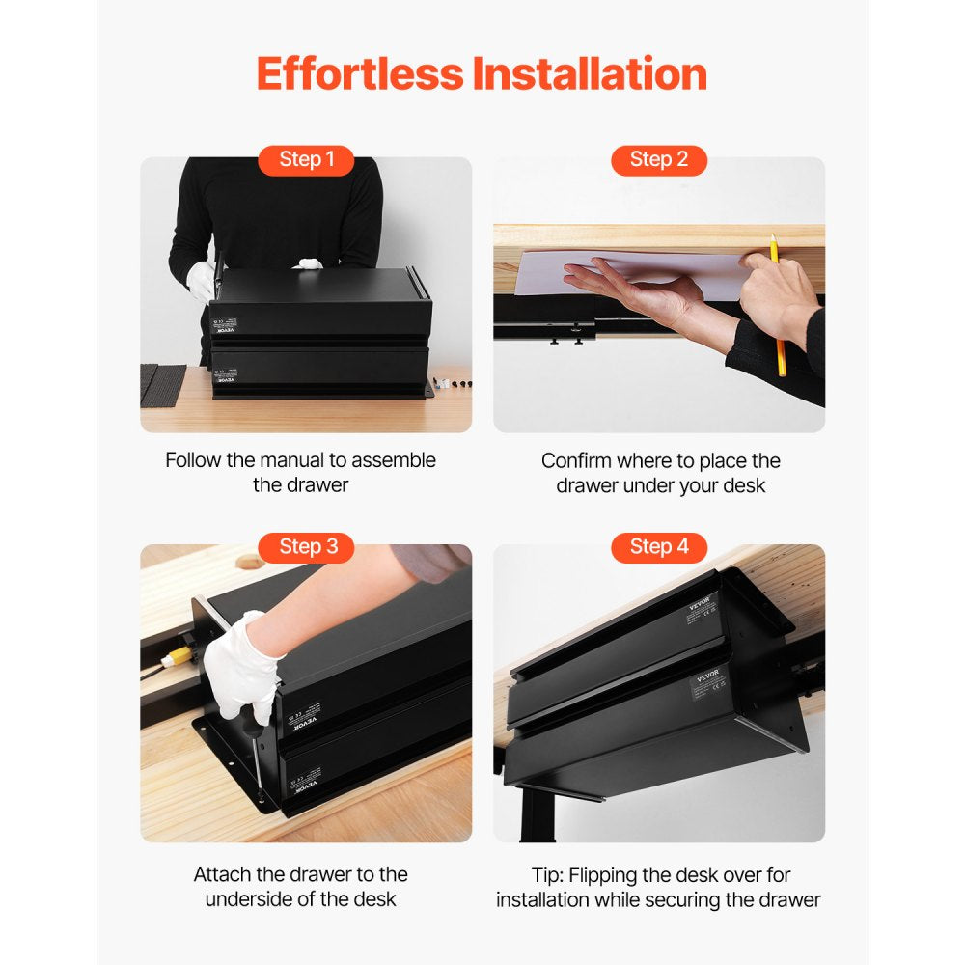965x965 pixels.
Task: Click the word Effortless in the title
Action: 358,74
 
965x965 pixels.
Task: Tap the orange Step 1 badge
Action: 306,159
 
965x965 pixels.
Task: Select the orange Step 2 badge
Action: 659,159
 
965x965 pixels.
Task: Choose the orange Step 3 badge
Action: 308,547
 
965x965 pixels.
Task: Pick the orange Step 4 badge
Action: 659,547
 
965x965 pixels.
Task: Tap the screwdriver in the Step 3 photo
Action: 252,762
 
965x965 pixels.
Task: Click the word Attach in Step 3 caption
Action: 222,874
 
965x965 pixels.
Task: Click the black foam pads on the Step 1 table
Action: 162,383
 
